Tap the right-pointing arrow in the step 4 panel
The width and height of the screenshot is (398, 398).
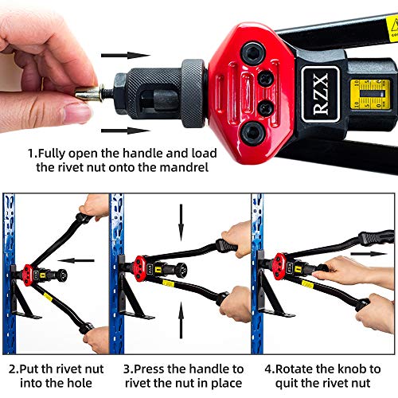pyautogui.click(x=369, y=253)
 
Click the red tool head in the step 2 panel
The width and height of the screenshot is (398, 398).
pyautogui.click(x=35, y=267)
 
